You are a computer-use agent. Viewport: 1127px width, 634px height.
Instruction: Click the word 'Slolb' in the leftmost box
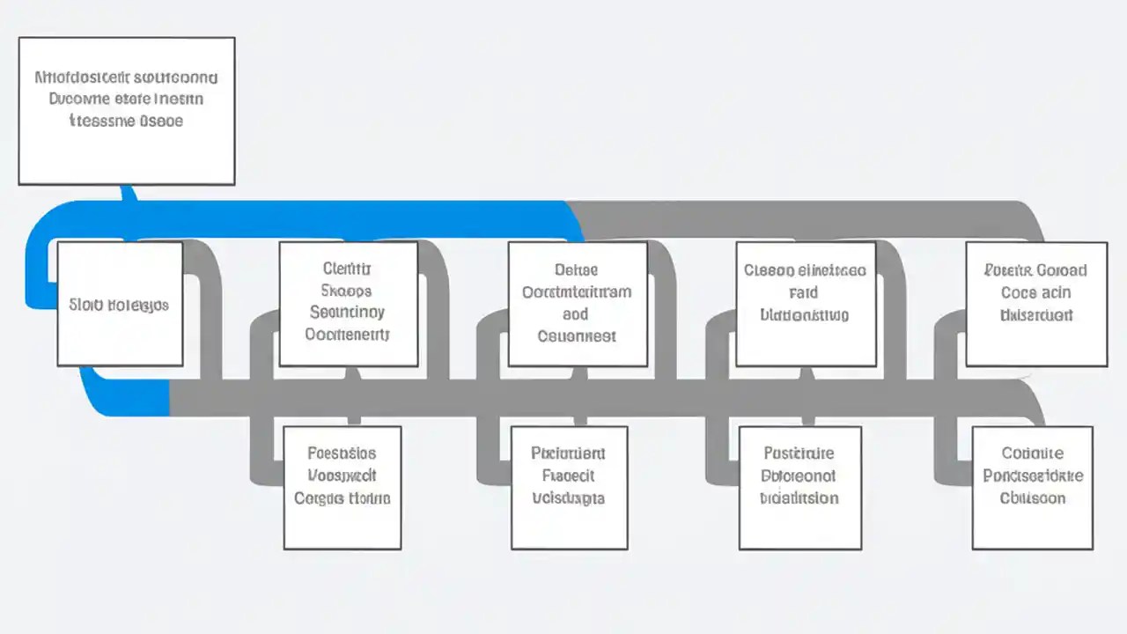[x=86, y=306]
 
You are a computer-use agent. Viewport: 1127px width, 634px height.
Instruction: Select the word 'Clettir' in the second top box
[x=347, y=269]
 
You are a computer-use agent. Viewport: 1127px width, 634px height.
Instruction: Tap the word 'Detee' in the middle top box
[x=577, y=270]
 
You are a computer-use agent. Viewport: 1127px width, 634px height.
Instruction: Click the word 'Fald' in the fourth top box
[x=803, y=292]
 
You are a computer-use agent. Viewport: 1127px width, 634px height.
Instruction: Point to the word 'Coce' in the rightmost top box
[x=1020, y=292]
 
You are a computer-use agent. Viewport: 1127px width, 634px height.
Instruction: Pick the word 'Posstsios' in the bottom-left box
[x=342, y=453]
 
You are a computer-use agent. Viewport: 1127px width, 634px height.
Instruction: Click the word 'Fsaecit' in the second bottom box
[x=568, y=475]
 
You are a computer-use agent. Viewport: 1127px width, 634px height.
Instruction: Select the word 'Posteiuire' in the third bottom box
[x=799, y=453]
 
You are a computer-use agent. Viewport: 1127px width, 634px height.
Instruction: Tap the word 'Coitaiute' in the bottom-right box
[x=1032, y=453]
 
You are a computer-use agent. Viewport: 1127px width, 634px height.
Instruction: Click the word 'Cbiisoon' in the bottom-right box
[x=1032, y=498]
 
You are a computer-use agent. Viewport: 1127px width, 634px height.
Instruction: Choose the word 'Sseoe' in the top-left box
[x=161, y=121]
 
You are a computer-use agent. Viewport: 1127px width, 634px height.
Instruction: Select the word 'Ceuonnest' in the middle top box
[x=577, y=335]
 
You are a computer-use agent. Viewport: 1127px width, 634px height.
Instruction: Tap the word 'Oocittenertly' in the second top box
[x=347, y=334]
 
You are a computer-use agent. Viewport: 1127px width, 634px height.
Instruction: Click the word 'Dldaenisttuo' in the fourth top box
[x=804, y=314]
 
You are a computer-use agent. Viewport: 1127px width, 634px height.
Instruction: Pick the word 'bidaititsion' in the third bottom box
[x=799, y=498]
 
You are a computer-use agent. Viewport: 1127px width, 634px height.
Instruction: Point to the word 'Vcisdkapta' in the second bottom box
[x=568, y=498]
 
